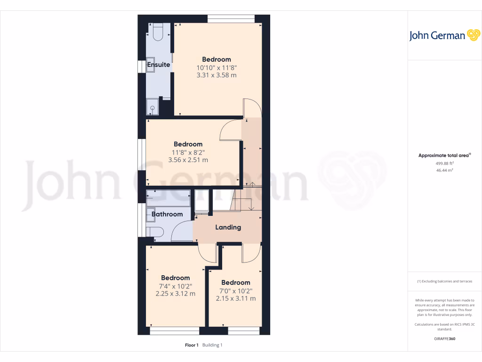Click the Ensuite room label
pyautogui.click(x=159, y=65)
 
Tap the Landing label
pyautogui.click(x=228, y=227)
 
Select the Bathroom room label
pyautogui.click(x=167, y=214)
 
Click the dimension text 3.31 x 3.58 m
pyautogui.click(x=217, y=75)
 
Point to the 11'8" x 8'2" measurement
pyautogui.click(x=188, y=152)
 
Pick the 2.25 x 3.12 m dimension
pyautogui.click(x=176, y=294)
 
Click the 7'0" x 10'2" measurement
pyautogui.click(x=236, y=291)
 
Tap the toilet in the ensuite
pyautogui.click(x=157, y=32)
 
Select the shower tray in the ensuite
pyautogui.click(x=153, y=107)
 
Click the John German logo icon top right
pyautogui.click(x=473, y=35)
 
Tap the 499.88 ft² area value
pyautogui.click(x=435, y=163)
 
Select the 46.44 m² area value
pyautogui.click(x=435, y=170)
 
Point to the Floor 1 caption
pyautogui.click(x=192, y=345)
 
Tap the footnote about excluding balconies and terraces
pyautogui.click(x=445, y=281)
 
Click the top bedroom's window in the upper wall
pyautogui.click(x=231, y=19)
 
